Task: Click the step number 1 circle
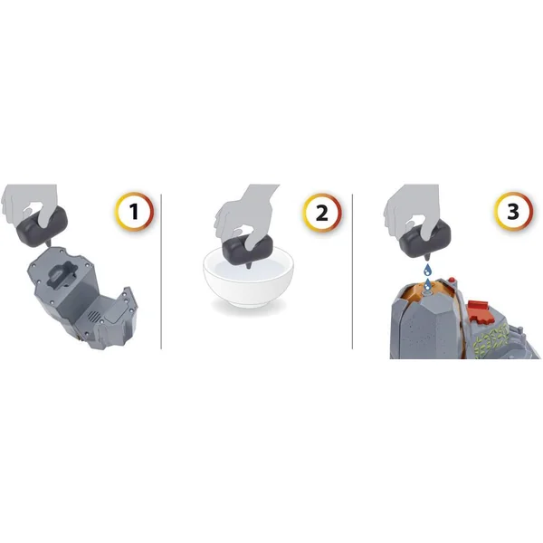(134, 211)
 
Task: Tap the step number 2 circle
(322, 213)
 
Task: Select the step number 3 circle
(513, 211)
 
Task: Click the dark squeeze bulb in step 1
(42, 227)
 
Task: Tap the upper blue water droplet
(428, 269)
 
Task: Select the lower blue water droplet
(428, 284)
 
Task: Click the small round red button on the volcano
(452, 281)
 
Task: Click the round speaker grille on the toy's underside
(93, 316)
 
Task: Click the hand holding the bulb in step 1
(30, 205)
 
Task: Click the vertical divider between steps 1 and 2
(161, 271)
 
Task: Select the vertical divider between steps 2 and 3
(352, 271)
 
